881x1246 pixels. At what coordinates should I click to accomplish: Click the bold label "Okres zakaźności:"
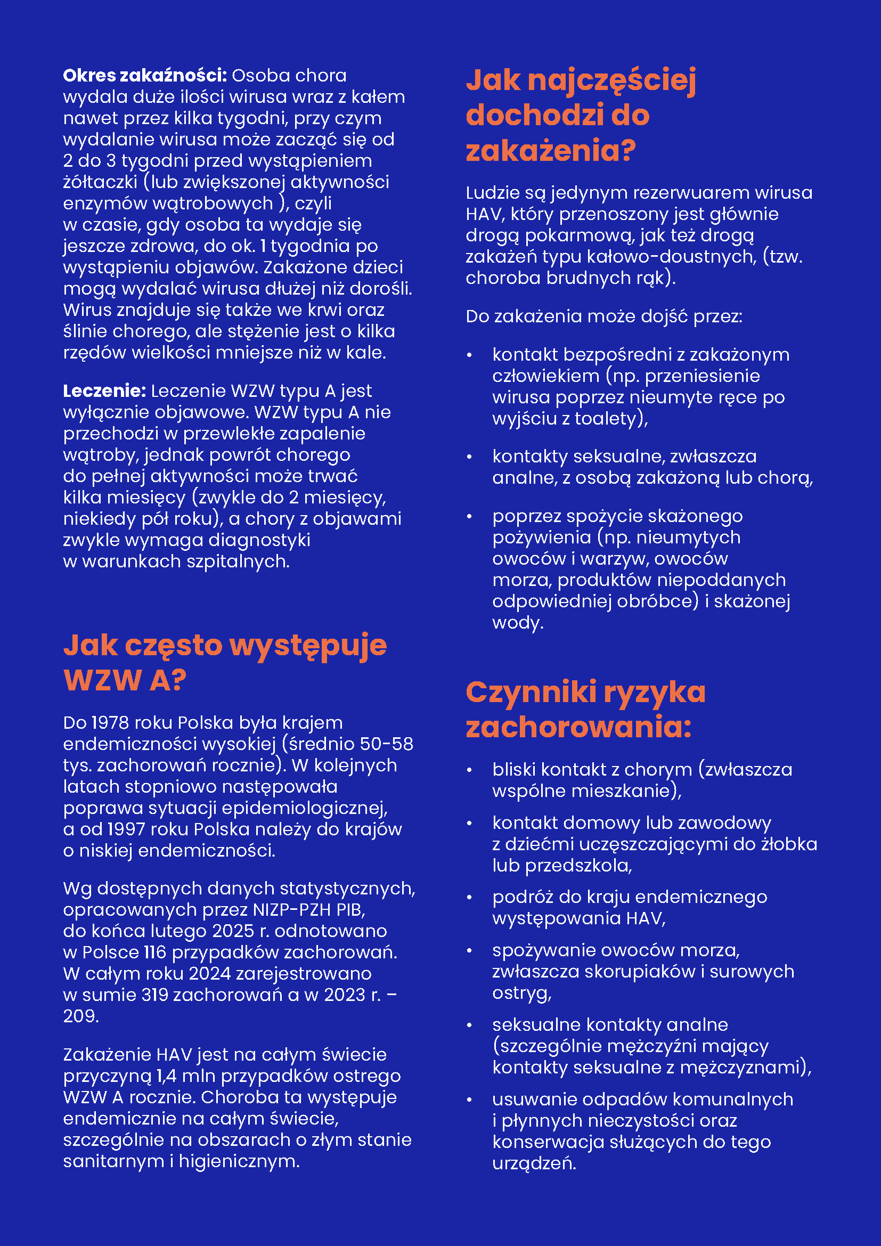click(144, 76)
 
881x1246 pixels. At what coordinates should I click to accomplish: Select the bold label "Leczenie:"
click(104, 390)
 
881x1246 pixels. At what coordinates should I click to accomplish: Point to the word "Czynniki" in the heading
click(531, 693)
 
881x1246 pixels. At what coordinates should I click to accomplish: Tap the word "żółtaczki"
click(100, 182)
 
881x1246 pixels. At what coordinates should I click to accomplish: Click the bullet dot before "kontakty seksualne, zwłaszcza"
click(470, 457)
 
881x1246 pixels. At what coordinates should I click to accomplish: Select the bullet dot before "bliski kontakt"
click(470, 770)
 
